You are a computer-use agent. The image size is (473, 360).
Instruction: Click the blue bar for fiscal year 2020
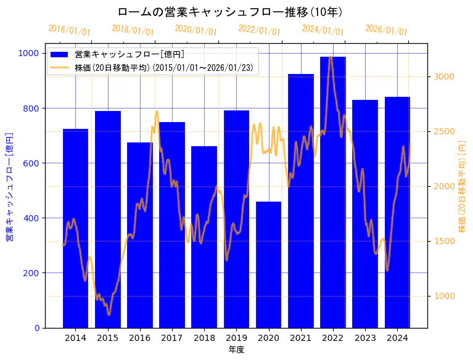[x=268, y=264]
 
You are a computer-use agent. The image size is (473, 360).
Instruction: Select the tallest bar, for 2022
[x=332, y=192]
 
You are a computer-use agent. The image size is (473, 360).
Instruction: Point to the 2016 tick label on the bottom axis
[x=140, y=338]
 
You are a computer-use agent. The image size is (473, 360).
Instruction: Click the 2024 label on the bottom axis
[x=397, y=338]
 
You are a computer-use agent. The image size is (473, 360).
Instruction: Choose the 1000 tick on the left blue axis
[x=28, y=54]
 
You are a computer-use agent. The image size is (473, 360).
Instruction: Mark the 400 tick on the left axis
[x=31, y=218]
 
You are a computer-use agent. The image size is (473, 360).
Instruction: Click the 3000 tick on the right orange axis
[x=443, y=76]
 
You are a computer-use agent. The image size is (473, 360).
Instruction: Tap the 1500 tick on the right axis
[x=443, y=241]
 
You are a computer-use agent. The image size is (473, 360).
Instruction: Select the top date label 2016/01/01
[x=69, y=30]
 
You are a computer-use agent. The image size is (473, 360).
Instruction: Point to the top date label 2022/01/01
[x=259, y=30]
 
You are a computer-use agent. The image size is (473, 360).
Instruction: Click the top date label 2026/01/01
[x=386, y=30]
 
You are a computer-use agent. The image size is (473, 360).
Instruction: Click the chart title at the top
[x=230, y=12]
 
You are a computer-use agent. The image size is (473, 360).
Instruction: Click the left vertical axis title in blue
[x=10, y=186]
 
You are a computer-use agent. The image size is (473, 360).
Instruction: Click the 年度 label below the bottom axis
[x=236, y=350]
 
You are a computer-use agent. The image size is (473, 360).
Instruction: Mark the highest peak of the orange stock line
[x=331, y=57]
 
